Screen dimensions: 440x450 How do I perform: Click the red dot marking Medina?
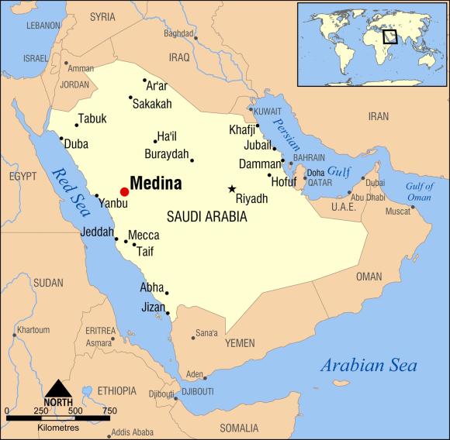[x=124, y=191]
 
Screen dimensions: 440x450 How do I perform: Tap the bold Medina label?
[x=156, y=184]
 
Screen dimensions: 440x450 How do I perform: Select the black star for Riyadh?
[x=231, y=188]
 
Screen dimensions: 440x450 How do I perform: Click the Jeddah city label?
[x=97, y=232]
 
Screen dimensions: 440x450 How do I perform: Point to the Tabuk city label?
[x=92, y=119]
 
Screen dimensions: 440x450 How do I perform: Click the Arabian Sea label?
[x=369, y=366]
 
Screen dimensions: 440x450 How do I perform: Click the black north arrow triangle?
[x=58, y=387]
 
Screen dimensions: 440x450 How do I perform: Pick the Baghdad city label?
[x=178, y=34]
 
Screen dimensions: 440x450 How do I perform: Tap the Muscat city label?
[x=399, y=211]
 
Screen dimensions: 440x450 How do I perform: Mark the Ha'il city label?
[x=166, y=136]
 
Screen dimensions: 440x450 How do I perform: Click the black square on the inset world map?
[x=389, y=35]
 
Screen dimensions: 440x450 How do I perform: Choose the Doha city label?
[x=316, y=172]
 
